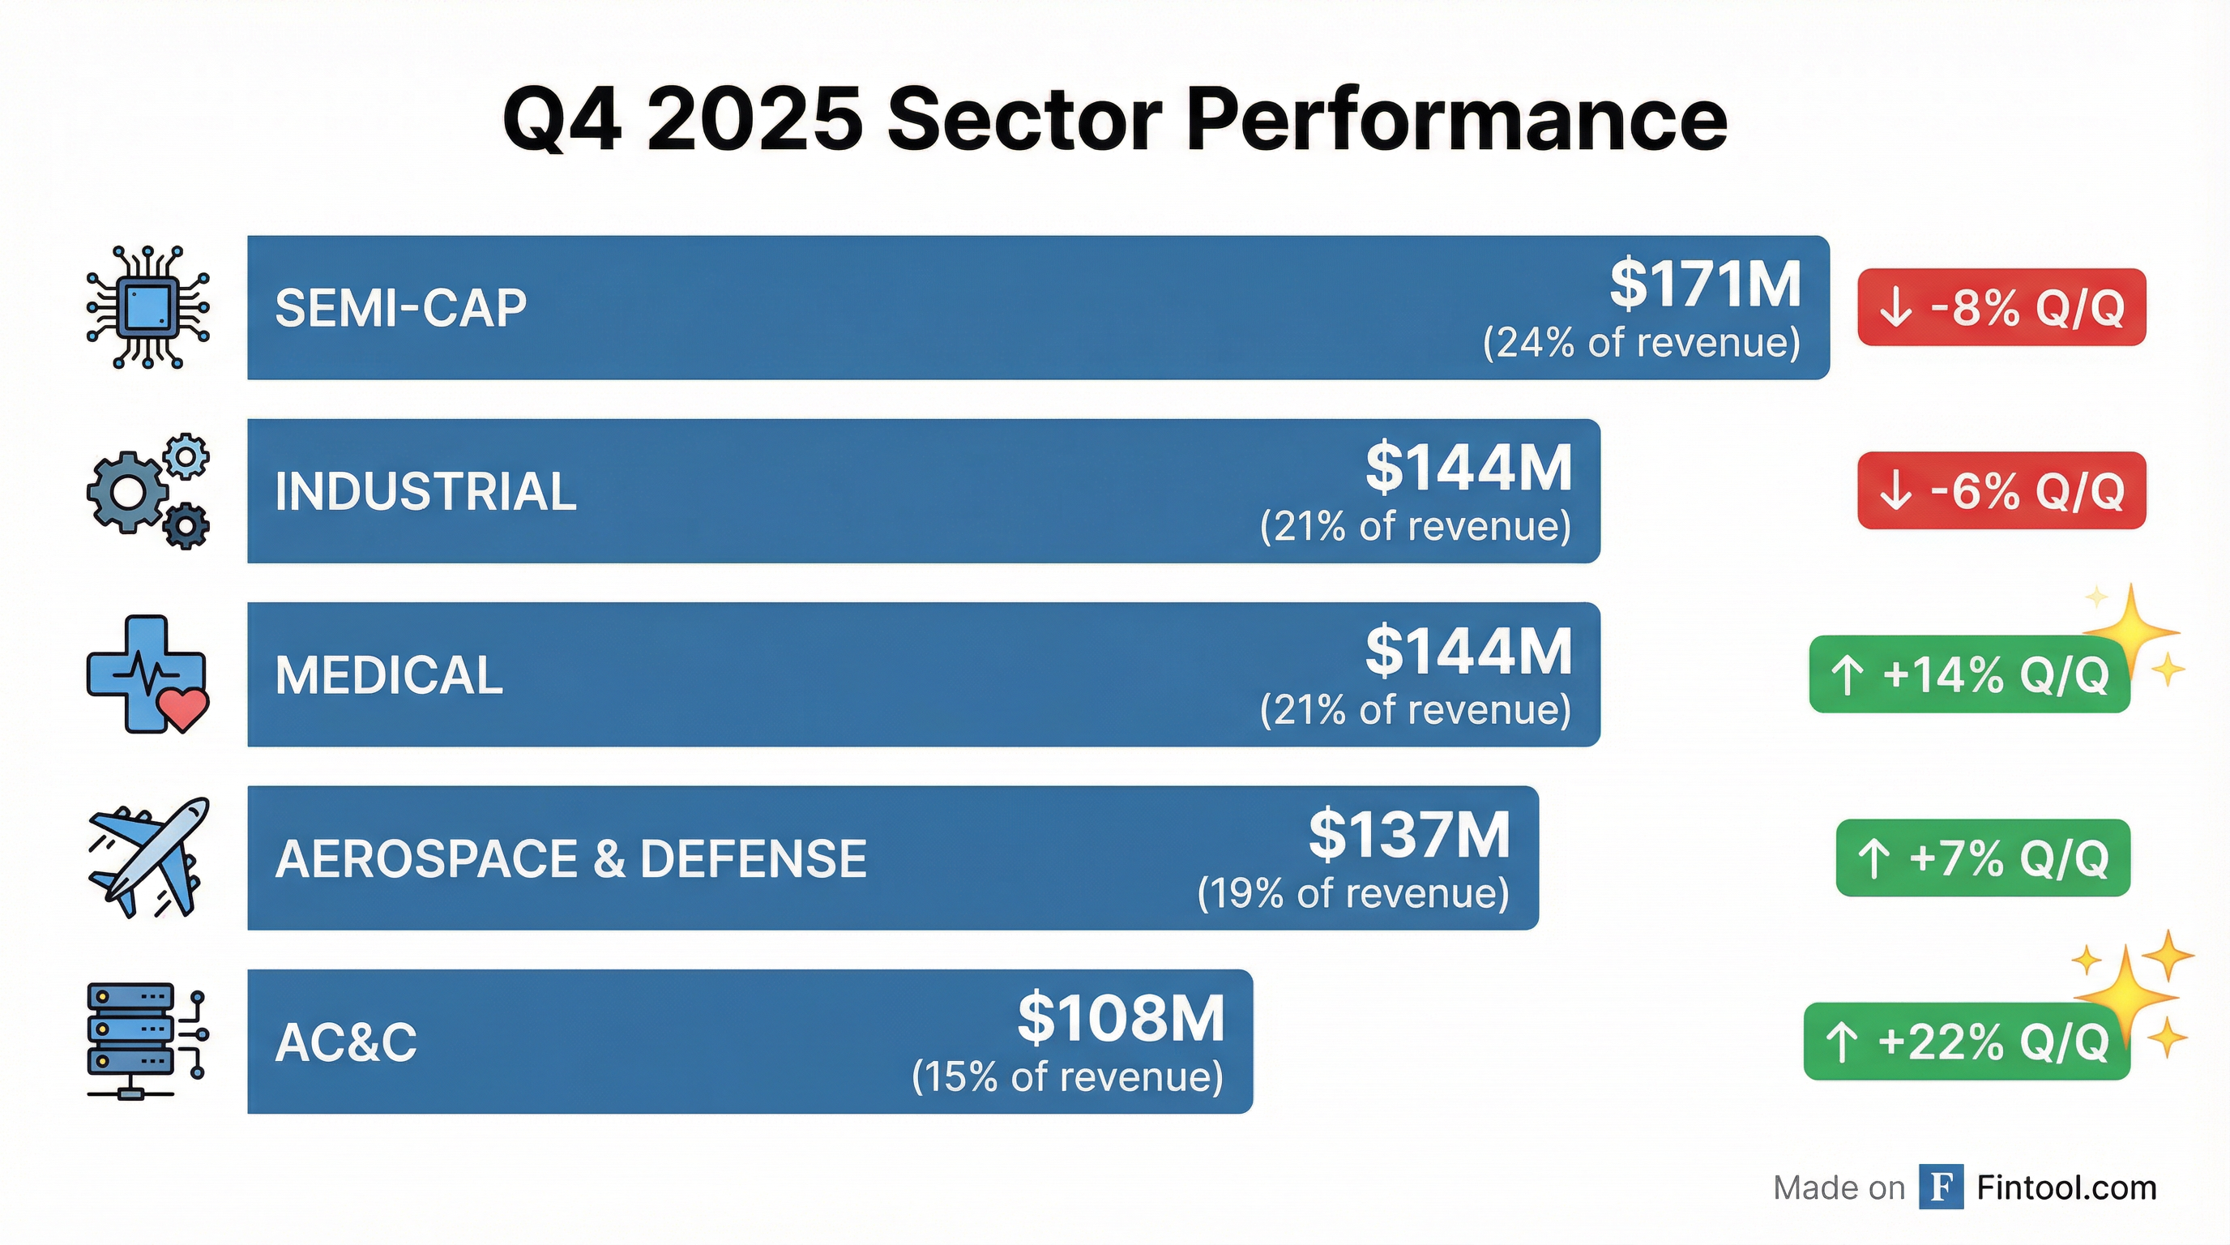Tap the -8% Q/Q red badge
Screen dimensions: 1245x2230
pyautogui.click(x=2001, y=307)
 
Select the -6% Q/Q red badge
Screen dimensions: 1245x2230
pyautogui.click(x=2001, y=491)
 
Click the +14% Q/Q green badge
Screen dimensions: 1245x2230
pyautogui.click(x=1968, y=674)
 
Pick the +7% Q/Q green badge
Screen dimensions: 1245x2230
pyautogui.click(x=1982, y=858)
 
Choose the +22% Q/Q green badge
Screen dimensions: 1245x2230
pyautogui.click(x=1966, y=1042)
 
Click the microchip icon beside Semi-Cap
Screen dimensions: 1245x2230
pyautogui.click(x=148, y=307)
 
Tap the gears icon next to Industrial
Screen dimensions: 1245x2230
pyautogui.click(x=148, y=491)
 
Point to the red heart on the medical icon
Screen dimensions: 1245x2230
pyautogui.click(x=186, y=708)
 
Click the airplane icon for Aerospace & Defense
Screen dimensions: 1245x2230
pyautogui.click(x=148, y=857)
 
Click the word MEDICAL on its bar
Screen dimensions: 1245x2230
pyautogui.click(x=389, y=675)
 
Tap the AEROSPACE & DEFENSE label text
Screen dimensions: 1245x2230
pyautogui.click(x=570, y=859)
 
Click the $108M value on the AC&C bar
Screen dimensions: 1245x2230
pyautogui.click(x=1120, y=1018)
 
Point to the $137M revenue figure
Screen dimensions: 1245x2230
pyautogui.click(x=1408, y=835)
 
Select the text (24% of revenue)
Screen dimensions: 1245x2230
pyautogui.click(x=1642, y=343)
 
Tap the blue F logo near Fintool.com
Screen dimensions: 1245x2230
pyautogui.click(x=1940, y=1187)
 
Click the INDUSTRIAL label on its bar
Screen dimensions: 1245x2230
pyautogui.click(x=425, y=492)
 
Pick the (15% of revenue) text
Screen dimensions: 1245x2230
pyautogui.click(x=1066, y=1077)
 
